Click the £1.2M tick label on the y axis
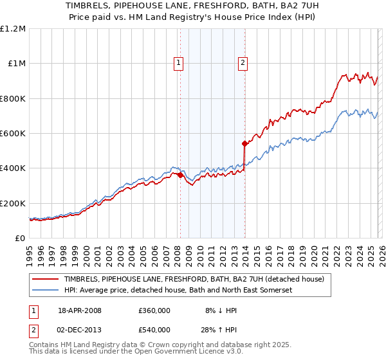pyautogui.click(x=13, y=28)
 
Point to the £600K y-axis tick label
pyautogui.click(x=13, y=133)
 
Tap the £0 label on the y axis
pyautogui.click(x=21, y=238)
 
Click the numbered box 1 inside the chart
pyautogui.click(x=178, y=62)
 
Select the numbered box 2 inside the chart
pyautogui.click(x=243, y=62)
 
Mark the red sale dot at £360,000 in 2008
pyautogui.click(x=180, y=175)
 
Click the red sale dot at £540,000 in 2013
pyautogui.click(x=244, y=143)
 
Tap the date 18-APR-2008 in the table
pyautogui.click(x=80, y=310)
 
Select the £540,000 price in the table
pyautogui.click(x=154, y=330)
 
